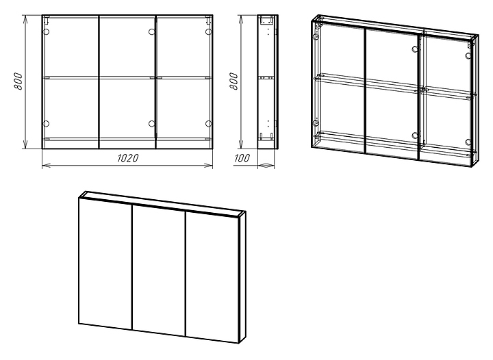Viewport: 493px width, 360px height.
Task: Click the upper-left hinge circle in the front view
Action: [47, 32]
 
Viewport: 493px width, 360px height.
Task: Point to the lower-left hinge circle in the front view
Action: [47, 124]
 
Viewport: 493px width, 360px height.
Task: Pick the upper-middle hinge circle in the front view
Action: [151, 32]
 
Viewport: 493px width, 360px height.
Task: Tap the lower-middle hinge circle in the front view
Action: [151, 124]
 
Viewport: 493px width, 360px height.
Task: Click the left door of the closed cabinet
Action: [105, 263]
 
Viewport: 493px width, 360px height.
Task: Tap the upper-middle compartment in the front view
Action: [127, 45]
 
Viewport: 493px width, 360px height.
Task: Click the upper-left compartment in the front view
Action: [71, 45]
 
